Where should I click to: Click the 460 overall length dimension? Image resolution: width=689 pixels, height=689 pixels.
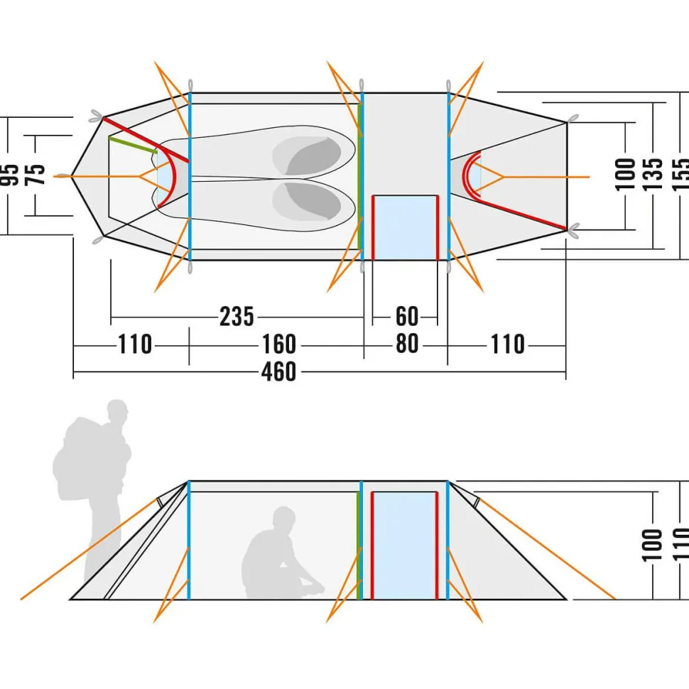(x=278, y=371)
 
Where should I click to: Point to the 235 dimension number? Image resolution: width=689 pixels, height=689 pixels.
(x=237, y=317)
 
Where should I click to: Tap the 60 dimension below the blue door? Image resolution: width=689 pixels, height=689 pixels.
(x=407, y=317)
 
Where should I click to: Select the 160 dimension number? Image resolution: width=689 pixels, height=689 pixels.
(x=278, y=345)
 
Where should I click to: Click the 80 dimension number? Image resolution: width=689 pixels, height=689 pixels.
(x=407, y=345)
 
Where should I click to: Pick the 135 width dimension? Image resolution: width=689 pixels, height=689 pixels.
(x=653, y=174)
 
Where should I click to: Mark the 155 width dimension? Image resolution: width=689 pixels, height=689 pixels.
(x=680, y=174)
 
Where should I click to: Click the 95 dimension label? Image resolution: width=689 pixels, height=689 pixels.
(x=10, y=175)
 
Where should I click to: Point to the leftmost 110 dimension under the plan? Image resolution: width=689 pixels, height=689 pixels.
(x=135, y=345)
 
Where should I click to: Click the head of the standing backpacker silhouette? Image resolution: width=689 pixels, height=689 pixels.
(x=118, y=413)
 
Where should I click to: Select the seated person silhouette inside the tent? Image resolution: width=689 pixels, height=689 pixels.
(x=277, y=558)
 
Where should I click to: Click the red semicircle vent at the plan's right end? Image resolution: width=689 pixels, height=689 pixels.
(x=471, y=175)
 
